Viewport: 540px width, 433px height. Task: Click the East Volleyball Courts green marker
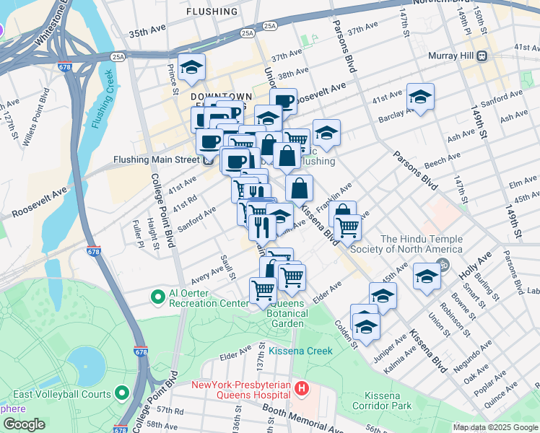pos(122,394)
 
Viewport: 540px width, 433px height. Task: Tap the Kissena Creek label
pos(300,351)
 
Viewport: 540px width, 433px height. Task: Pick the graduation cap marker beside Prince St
pos(191,68)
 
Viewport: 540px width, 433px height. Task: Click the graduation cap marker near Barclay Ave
pos(420,98)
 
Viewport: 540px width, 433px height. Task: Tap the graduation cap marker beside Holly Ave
pos(427,277)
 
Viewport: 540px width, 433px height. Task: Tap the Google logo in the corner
pos(24,424)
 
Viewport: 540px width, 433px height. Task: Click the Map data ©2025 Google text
pos(495,427)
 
